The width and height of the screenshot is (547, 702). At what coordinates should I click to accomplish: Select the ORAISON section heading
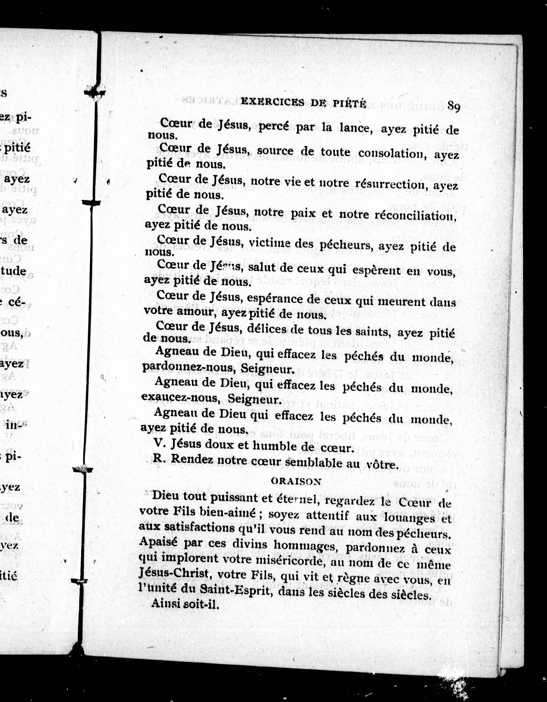pos(296,481)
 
